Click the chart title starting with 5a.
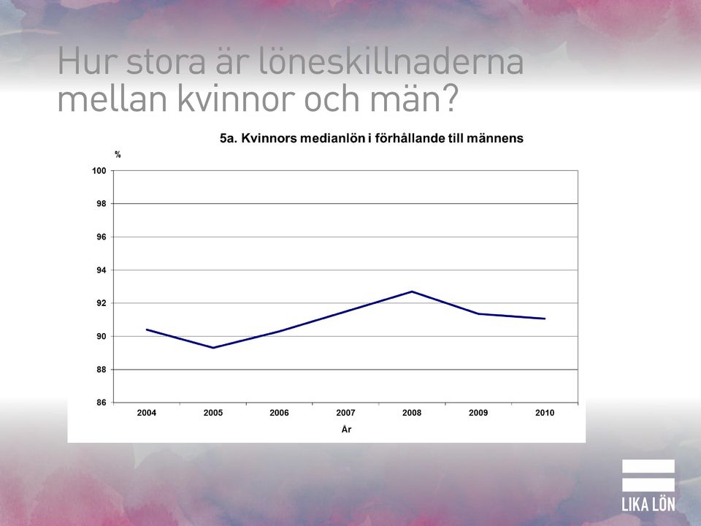point(372,138)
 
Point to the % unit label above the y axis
point(118,155)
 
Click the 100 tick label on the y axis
point(99,171)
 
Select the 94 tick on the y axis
point(101,270)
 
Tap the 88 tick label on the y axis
point(101,370)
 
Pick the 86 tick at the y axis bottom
point(101,403)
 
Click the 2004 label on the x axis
point(147,413)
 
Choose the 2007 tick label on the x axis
point(345,413)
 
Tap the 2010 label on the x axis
point(545,413)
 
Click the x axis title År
point(346,430)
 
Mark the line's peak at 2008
point(412,291)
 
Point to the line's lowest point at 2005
point(212,348)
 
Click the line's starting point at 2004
point(147,329)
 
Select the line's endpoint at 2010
point(545,319)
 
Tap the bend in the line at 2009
point(478,313)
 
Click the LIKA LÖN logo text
point(648,505)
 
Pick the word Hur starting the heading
point(87,61)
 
